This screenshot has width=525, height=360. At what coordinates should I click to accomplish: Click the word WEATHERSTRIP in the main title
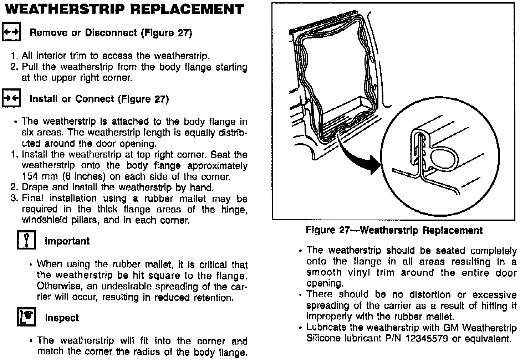[x=64, y=9]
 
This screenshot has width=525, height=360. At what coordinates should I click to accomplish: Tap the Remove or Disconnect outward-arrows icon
[x=11, y=32]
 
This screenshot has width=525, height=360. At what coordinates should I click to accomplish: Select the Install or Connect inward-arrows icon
[x=11, y=98]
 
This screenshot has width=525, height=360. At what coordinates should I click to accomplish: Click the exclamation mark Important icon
[x=26, y=240]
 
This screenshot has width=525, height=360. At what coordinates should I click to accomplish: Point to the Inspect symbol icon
[x=26, y=317]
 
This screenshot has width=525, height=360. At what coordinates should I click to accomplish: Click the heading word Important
[x=67, y=241]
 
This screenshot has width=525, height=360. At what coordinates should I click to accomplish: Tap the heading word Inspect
[x=62, y=318]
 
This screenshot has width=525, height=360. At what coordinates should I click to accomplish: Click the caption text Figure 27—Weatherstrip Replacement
[x=394, y=230]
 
